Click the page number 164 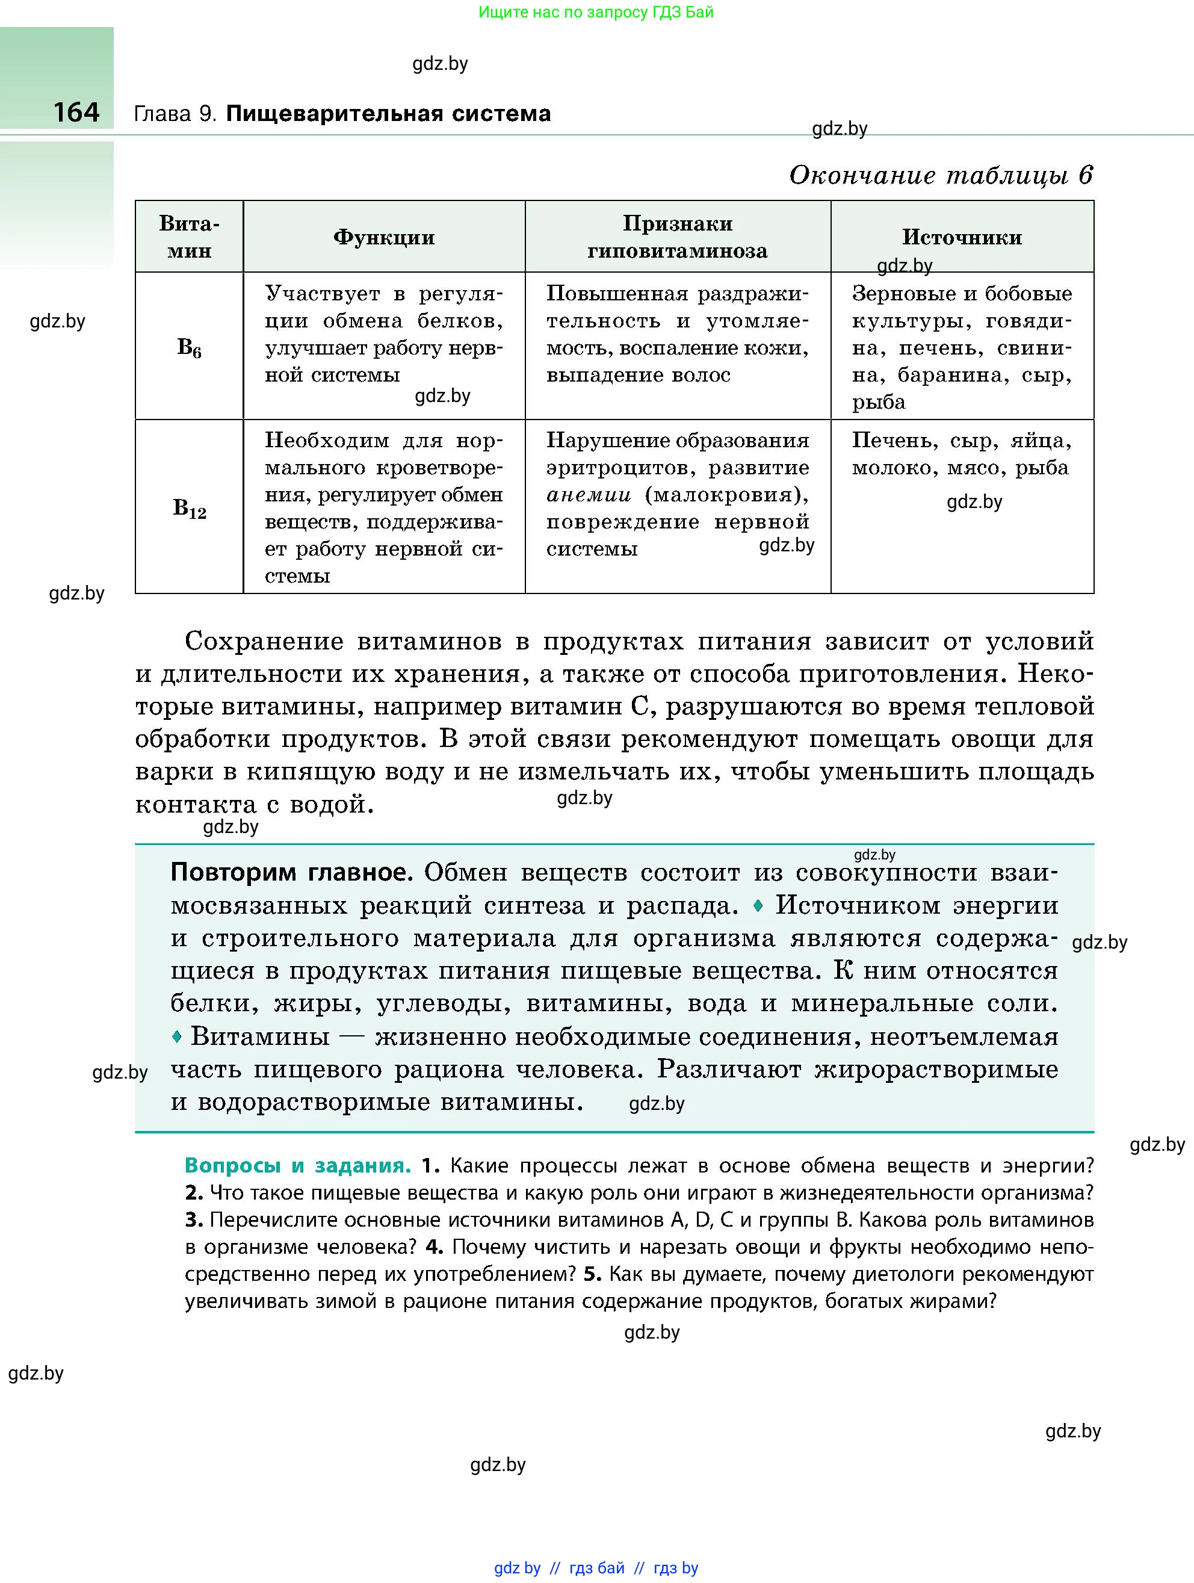coord(76,113)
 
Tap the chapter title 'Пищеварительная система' coord(388,114)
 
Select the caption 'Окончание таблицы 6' coord(941,175)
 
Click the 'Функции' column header coord(384,238)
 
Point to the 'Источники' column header coord(962,238)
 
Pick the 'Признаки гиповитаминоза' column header coord(678,237)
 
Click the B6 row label coord(189,348)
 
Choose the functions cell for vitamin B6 coord(384,334)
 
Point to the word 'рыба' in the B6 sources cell coord(879,402)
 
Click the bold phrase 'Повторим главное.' coord(292,872)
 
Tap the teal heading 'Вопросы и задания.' coord(298,1166)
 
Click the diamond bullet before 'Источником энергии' coord(758,905)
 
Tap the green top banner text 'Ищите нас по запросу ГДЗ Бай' coord(596,12)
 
